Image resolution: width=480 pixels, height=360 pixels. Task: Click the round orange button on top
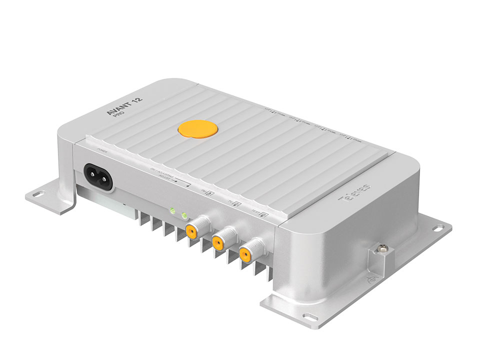pos(198,128)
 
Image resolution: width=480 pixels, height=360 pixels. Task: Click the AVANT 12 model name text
pos(124,106)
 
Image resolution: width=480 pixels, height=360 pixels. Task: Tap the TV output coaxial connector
pos(218,242)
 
